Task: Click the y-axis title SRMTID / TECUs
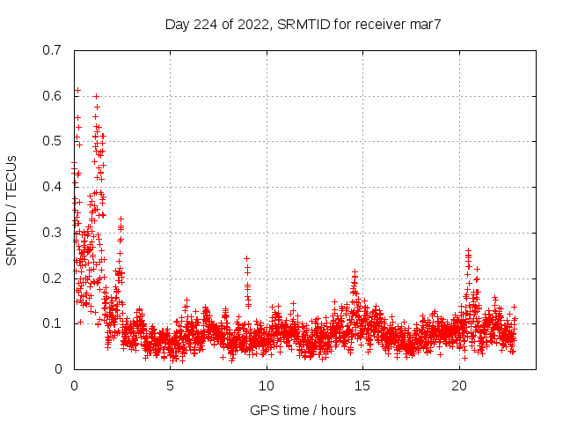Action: tap(12, 210)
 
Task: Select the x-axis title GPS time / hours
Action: tap(303, 410)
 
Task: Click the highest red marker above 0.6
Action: tap(77, 90)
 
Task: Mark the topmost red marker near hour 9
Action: tap(247, 258)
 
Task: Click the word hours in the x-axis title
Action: tap(338, 410)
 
